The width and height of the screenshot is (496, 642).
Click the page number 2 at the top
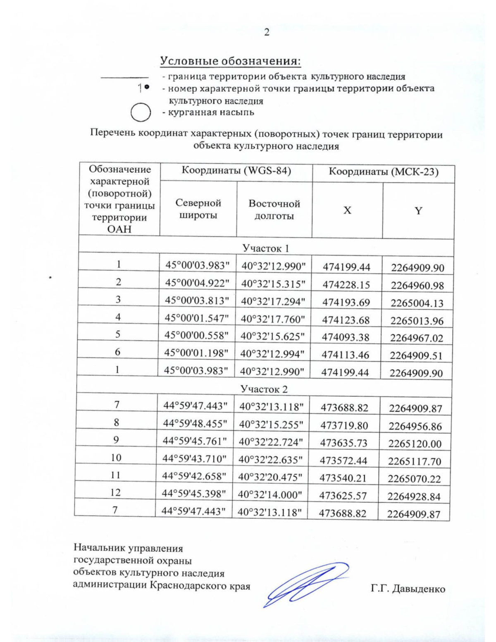coord(267,32)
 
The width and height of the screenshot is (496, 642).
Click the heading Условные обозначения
coord(230,61)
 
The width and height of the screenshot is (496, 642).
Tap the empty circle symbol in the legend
coord(140,113)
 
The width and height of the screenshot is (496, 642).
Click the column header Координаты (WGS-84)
coord(236,171)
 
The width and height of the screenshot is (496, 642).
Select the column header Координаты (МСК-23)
coord(383,172)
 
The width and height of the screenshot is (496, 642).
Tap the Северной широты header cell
coord(198,209)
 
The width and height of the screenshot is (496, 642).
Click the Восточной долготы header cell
coord(274,210)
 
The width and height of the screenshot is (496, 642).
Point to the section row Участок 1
coord(265,248)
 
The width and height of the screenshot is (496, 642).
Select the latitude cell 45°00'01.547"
coord(197,318)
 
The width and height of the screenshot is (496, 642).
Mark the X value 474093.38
coord(347,338)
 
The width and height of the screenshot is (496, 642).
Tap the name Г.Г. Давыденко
coord(408,589)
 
